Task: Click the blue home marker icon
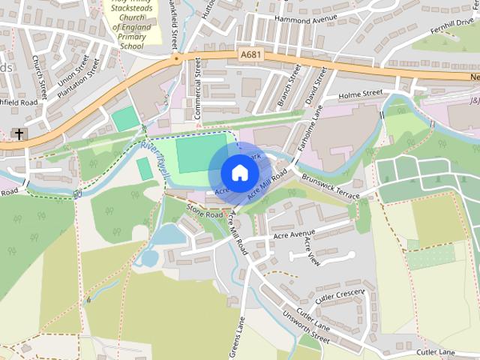point(238,172)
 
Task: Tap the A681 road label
point(252,55)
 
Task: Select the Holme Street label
point(361,94)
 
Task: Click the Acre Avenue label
point(295,235)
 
